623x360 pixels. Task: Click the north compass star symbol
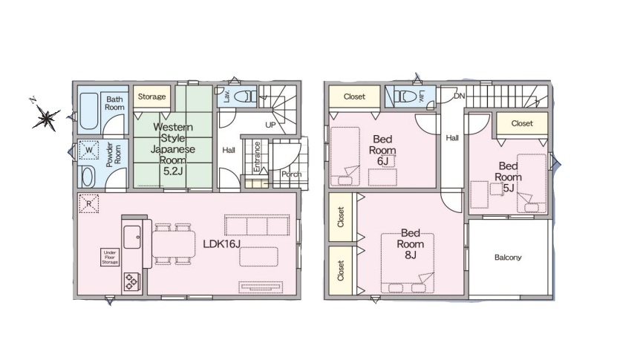coord(47,118)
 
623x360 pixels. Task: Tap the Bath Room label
coord(114,103)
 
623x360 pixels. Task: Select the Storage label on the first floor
coord(151,96)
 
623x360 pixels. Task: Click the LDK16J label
coord(222,243)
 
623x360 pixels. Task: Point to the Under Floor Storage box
coord(110,257)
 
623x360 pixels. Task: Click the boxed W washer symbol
coord(89,150)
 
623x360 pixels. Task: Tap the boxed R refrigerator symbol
coord(89,204)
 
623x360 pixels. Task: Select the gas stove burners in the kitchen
coord(131,281)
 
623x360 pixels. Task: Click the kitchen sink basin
coord(132,238)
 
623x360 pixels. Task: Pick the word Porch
coord(291,174)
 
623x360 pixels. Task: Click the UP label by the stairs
coord(270,125)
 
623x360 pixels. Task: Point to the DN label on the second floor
coord(460,96)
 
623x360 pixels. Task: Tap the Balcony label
coord(508,258)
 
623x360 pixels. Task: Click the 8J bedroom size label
coord(411,255)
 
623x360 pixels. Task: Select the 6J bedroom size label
coord(382,161)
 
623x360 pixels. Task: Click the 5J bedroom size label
coord(509,188)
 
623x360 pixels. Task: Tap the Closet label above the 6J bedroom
coord(354,96)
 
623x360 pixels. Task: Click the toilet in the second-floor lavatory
coord(405,96)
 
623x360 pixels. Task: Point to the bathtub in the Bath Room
coord(88,113)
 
